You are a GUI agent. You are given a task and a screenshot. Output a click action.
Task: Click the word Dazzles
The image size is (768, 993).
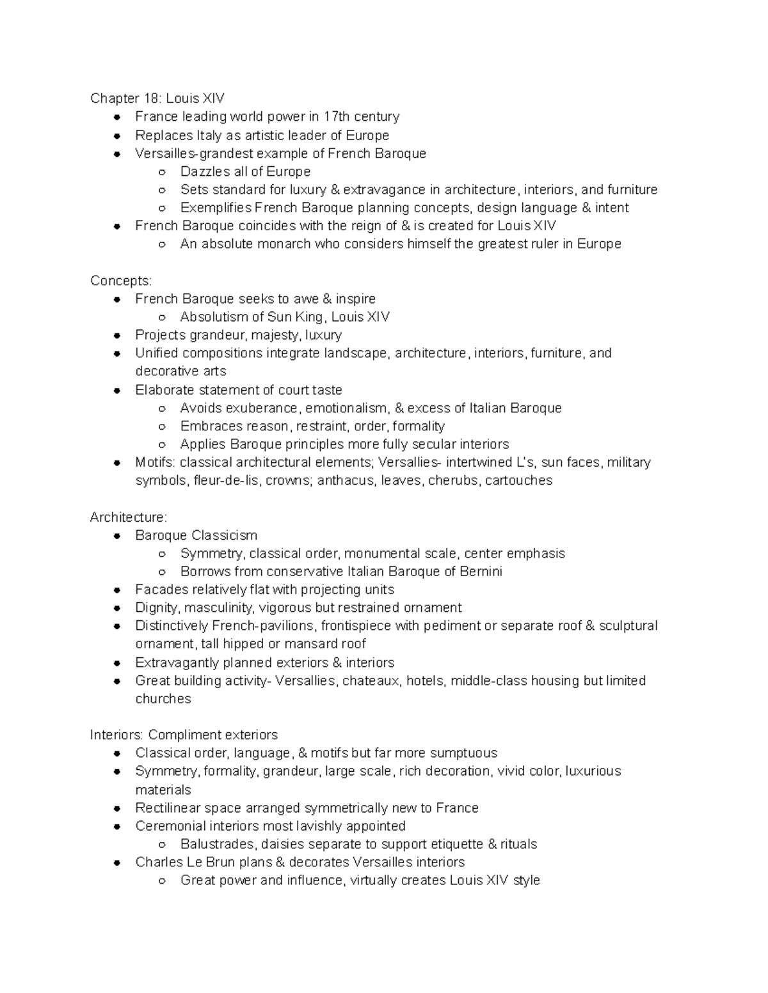205,171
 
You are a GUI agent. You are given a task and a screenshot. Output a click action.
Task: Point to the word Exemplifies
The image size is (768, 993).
216,208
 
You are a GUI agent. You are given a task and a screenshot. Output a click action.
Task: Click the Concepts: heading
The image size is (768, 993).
121,281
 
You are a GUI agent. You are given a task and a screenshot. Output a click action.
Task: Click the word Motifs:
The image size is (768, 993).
156,462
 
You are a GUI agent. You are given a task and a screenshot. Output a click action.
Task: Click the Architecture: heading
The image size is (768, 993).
128,517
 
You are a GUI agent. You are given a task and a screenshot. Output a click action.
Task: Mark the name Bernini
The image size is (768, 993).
481,571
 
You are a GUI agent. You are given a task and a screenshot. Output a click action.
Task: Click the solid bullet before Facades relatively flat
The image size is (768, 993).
117,590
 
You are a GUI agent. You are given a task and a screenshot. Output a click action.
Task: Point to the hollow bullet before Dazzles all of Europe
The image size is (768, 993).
163,172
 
